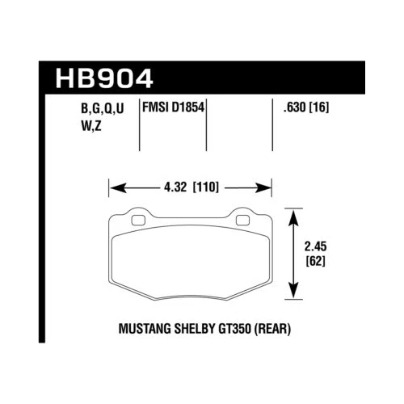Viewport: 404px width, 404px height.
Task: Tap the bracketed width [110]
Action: [x=206, y=188]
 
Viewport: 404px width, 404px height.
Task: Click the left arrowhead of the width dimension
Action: [x=113, y=188]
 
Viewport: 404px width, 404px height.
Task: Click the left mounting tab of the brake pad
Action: [x=137, y=217]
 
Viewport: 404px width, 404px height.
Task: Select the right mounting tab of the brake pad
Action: [x=242, y=217]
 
